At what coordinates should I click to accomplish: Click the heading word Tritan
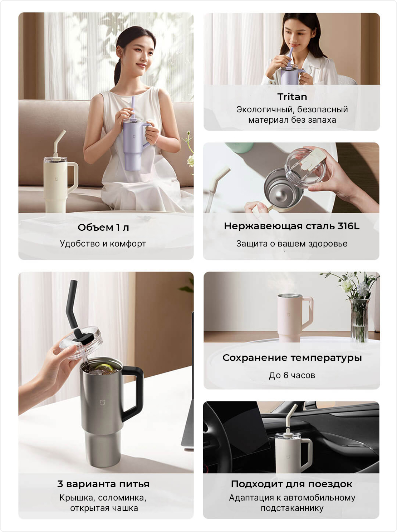point(292,97)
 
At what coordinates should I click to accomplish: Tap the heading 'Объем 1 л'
point(103,227)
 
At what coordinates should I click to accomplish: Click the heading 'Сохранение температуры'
point(292,358)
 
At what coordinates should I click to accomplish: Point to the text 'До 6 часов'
point(292,375)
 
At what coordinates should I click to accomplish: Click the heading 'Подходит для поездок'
point(291,484)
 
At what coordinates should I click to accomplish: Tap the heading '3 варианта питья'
point(103,484)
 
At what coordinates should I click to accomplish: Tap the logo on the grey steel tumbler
point(103,402)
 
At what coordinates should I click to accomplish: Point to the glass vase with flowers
point(360,320)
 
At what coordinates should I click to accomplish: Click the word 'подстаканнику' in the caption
point(292,508)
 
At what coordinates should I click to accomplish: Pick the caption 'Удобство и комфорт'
point(103,244)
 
